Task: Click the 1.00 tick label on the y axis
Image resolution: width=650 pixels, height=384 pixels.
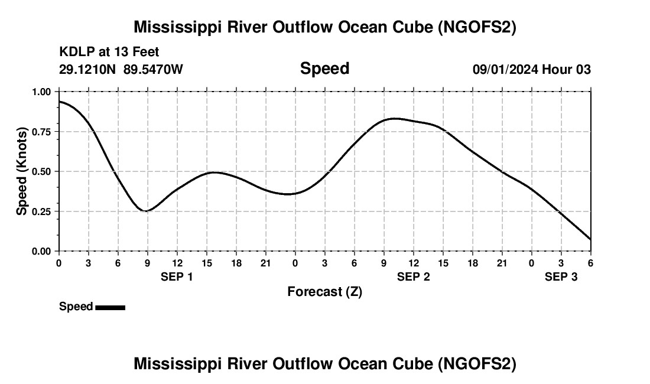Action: click(x=43, y=92)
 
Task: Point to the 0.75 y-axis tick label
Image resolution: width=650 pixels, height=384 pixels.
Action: click(x=43, y=132)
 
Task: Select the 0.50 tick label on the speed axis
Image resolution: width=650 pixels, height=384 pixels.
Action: click(x=43, y=171)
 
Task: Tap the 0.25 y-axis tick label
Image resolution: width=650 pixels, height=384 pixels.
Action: click(x=43, y=211)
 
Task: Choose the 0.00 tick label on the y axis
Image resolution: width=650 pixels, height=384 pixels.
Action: click(x=43, y=251)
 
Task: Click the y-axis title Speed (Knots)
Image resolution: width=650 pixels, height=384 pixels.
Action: click(x=22, y=171)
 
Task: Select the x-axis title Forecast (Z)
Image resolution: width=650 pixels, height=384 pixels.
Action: click(x=324, y=291)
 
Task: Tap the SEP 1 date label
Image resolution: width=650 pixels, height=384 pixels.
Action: click(x=177, y=277)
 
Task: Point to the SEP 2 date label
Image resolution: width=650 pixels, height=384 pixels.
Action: click(x=413, y=277)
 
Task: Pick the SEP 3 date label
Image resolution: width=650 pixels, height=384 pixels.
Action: click(x=561, y=277)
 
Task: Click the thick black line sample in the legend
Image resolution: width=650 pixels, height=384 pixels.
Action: click(x=110, y=307)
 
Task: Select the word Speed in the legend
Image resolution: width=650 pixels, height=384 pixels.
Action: click(x=76, y=307)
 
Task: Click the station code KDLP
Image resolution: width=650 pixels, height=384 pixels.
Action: click(x=76, y=53)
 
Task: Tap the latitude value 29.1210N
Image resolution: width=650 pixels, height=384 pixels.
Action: click(x=87, y=70)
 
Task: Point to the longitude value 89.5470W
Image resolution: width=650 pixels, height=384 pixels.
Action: click(x=153, y=70)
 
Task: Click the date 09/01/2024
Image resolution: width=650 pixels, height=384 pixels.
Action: click(x=505, y=70)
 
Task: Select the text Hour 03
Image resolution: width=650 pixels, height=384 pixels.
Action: click(x=567, y=70)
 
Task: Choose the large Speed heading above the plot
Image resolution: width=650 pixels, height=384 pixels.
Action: click(x=324, y=69)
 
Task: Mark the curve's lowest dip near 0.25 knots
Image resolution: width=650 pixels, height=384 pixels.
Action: click(x=147, y=211)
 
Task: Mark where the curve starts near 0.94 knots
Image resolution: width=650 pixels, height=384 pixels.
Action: click(x=60, y=102)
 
